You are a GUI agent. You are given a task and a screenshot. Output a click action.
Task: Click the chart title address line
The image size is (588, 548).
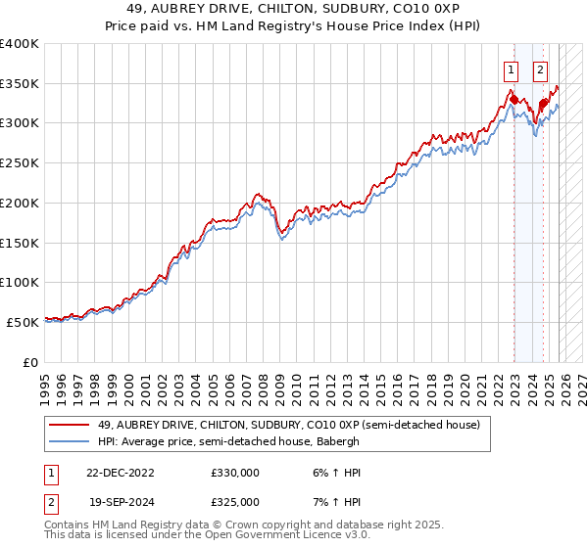(294, 10)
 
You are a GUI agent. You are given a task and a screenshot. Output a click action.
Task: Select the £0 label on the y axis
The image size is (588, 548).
(29, 361)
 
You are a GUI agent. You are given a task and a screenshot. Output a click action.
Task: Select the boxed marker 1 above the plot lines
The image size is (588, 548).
(511, 69)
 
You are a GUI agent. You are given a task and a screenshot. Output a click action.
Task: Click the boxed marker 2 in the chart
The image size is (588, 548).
(541, 69)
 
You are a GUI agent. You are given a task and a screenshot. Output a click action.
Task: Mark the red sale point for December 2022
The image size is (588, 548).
(514, 100)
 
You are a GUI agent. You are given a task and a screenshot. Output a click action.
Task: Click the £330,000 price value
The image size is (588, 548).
(235, 473)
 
